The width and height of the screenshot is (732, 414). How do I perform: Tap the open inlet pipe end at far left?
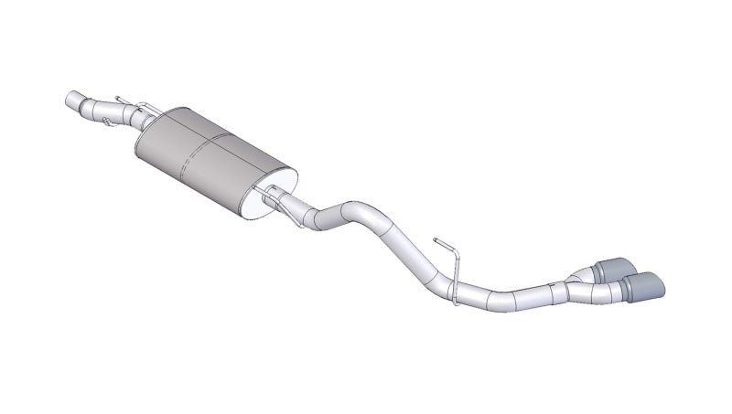pyautogui.click(x=71, y=99)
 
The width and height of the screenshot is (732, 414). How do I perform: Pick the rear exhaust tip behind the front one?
pyautogui.click(x=608, y=268)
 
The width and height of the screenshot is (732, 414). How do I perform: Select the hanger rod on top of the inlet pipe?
pyautogui.click(x=123, y=99)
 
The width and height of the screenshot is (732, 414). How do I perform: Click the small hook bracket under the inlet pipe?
pyautogui.click(x=109, y=120)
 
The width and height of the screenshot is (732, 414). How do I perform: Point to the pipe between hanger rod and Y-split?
pyautogui.click(x=512, y=296)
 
